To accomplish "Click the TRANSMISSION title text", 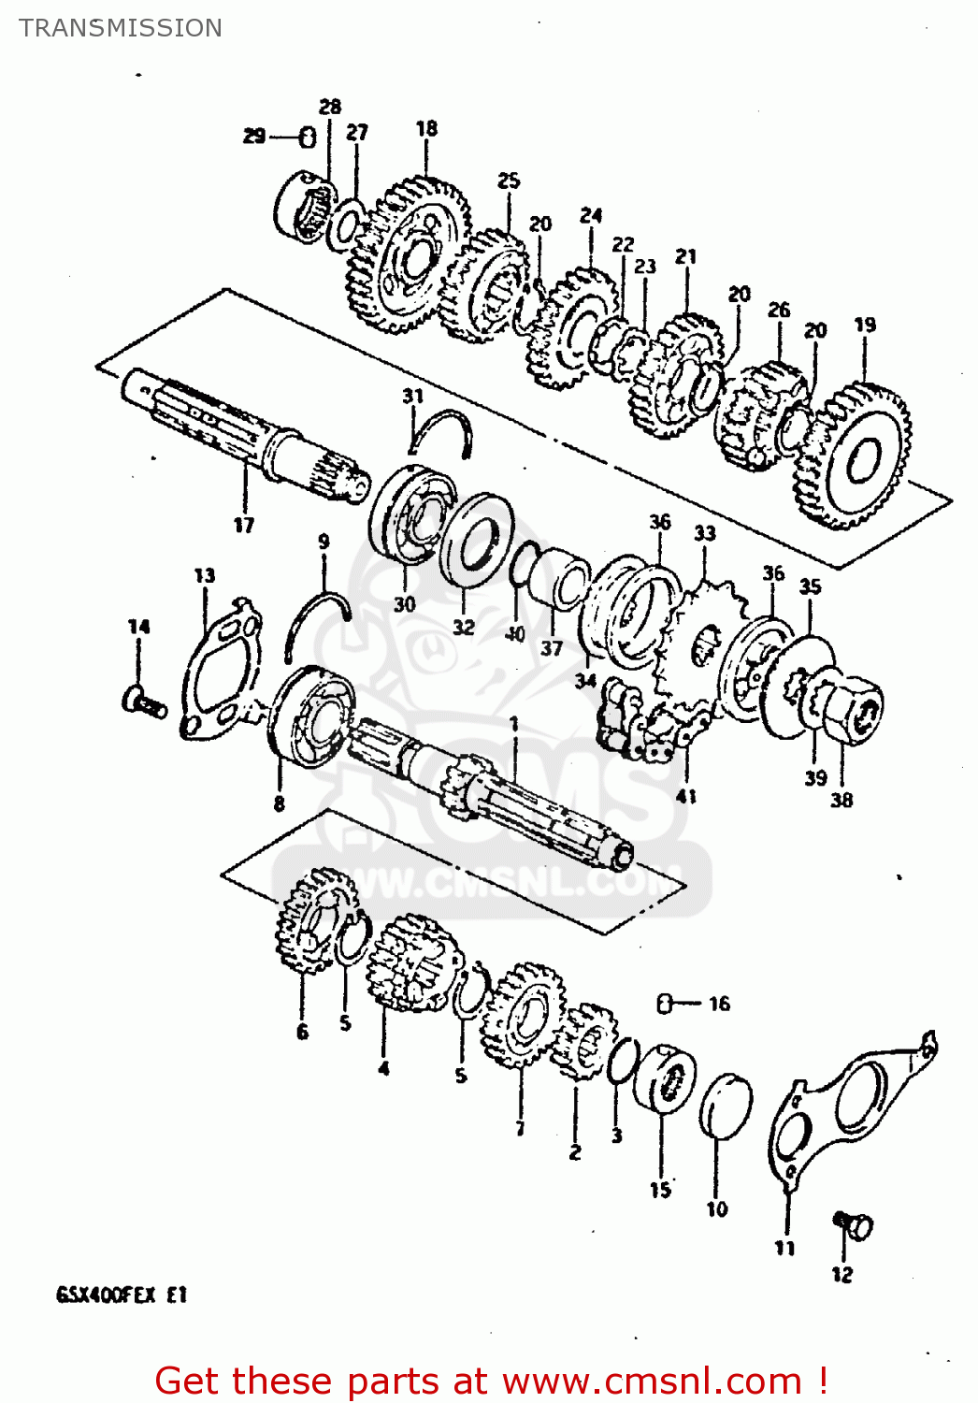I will pos(121,28).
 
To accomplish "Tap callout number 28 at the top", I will pos(330,107).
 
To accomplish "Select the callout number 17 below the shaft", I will pos(244,525).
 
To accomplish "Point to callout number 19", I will pos(865,325).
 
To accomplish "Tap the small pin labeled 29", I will pos(307,137).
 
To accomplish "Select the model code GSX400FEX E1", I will pos(122,1295).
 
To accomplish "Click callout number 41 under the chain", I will pos(686,796).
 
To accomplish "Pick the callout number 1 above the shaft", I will pos(513,724).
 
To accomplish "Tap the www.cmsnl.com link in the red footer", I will pos(652,1381).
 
